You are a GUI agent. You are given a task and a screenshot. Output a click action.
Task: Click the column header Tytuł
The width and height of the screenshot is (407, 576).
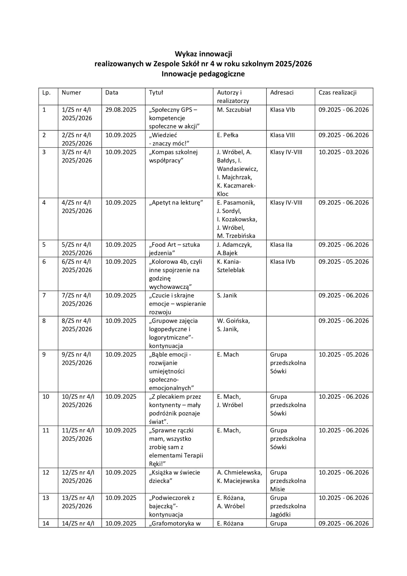[156, 93]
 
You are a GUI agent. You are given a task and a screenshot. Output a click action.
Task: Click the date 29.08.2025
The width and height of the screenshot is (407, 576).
[120, 110]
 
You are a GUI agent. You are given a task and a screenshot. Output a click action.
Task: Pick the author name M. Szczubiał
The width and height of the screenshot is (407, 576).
[234, 110]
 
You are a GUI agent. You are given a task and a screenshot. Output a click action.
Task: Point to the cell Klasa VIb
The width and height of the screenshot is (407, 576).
[282, 110]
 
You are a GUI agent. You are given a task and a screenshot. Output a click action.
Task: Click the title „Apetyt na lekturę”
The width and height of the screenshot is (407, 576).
[176, 203]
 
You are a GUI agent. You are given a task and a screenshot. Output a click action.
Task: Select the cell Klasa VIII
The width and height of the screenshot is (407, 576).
[282, 135]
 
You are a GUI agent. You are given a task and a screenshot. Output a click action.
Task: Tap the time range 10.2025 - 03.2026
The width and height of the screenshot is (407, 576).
[343, 152]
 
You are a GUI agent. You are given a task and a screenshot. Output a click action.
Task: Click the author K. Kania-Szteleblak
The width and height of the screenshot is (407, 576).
[230, 266]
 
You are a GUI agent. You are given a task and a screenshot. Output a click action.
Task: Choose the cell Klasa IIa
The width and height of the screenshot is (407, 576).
[281, 245]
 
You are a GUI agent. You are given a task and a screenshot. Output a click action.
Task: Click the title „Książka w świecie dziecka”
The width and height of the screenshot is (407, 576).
[174, 477]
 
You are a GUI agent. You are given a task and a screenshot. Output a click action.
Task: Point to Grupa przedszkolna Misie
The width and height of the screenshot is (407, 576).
[288, 481]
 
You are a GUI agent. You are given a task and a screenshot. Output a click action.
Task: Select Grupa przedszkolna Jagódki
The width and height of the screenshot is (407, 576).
[288, 506]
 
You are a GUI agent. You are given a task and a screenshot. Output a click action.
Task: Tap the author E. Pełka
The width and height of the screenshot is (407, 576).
[227, 135]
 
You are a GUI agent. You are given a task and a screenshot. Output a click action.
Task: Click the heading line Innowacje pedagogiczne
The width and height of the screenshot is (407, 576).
[203, 74]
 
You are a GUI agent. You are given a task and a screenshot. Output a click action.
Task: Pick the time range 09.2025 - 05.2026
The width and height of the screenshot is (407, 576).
[343, 262]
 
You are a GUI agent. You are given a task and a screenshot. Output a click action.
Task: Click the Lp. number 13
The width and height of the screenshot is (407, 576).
[46, 498]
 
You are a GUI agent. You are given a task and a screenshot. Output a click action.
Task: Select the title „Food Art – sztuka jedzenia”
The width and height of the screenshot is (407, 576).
[174, 249]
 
